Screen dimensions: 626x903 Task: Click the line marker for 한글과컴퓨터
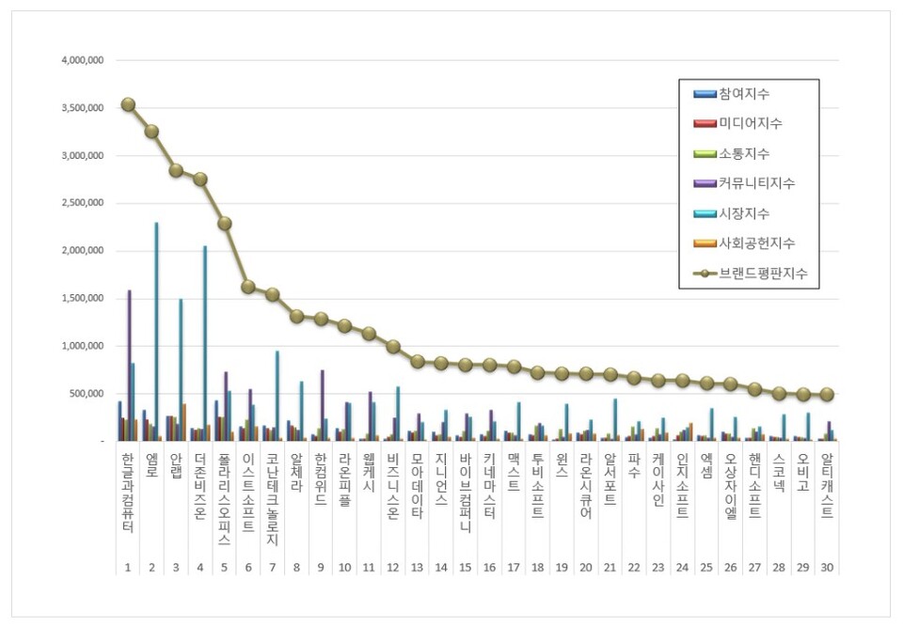pyautogui.click(x=128, y=104)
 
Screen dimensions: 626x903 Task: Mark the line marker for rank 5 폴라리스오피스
pyautogui.click(x=225, y=224)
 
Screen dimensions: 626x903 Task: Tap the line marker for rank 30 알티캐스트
pyautogui.click(x=826, y=395)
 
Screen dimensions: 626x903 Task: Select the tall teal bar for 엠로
pyautogui.click(x=156, y=331)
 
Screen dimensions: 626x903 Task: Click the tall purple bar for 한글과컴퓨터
pyautogui.click(x=129, y=365)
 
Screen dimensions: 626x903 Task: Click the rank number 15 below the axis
pyautogui.click(x=466, y=568)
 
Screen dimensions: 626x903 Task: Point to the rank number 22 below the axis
pyautogui.click(x=634, y=568)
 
